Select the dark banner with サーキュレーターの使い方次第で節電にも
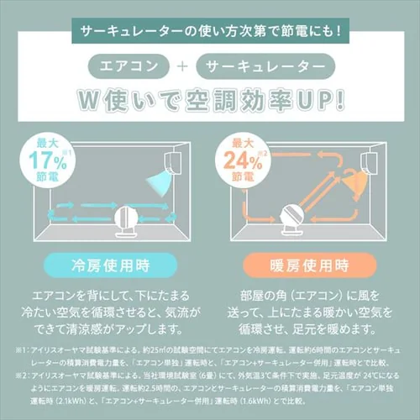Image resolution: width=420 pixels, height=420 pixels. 210,31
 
